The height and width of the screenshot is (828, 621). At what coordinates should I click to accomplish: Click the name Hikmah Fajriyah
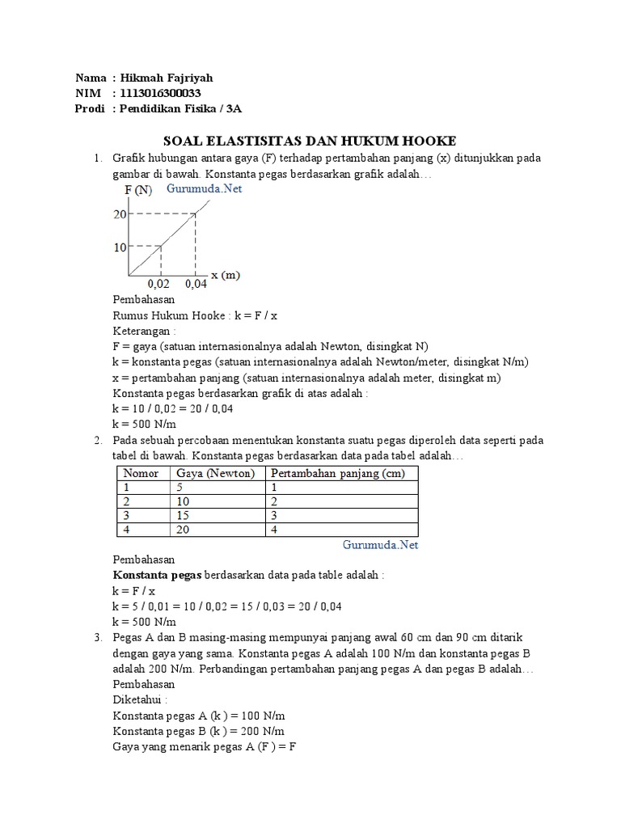(166, 78)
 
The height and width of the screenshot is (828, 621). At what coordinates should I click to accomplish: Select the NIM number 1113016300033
(163, 94)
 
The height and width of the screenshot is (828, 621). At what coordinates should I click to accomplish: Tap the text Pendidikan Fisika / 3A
(180, 109)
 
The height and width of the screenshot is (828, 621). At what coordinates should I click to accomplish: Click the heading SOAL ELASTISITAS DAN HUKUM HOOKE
(310, 141)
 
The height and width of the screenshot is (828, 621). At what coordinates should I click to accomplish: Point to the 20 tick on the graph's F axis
(120, 214)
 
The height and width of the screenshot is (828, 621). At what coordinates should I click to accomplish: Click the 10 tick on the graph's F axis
(120, 247)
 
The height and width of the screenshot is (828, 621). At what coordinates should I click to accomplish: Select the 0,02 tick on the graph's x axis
(158, 285)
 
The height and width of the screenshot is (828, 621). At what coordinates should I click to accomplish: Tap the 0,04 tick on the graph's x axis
(196, 285)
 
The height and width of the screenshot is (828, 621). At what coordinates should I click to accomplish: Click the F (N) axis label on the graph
(137, 190)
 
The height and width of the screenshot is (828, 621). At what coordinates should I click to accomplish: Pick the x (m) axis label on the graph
(226, 275)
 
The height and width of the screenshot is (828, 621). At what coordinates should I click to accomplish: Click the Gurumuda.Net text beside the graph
(205, 189)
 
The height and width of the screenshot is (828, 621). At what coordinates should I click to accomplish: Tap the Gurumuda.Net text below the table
(380, 545)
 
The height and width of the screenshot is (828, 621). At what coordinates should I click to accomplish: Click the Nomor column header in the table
(140, 473)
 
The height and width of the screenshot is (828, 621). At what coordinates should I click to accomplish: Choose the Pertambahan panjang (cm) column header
(338, 473)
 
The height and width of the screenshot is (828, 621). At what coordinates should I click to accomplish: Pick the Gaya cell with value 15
(183, 515)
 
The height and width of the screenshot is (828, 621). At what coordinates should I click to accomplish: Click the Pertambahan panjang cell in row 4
(274, 530)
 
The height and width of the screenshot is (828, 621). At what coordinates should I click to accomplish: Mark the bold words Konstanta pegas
(157, 575)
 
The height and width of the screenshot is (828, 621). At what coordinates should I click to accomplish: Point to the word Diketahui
(140, 700)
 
